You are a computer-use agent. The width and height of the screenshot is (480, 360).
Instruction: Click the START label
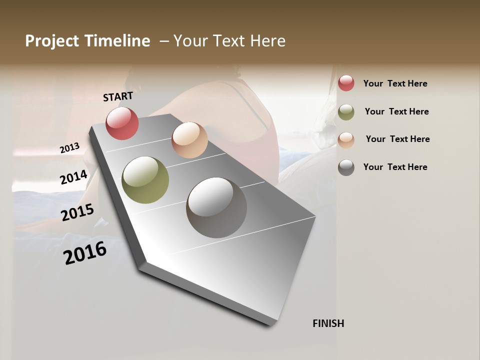(118, 96)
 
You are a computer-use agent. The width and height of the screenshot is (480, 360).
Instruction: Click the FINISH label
(328, 323)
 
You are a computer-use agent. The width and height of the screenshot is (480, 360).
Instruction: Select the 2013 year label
(69, 147)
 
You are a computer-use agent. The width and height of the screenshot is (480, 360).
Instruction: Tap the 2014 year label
(73, 177)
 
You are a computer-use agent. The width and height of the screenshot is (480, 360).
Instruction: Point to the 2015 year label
(77, 212)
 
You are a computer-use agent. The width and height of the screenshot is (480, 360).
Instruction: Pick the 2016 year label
(85, 252)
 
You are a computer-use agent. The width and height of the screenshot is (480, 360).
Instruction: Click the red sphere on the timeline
(122, 123)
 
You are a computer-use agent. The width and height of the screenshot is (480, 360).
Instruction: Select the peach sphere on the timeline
(189, 140)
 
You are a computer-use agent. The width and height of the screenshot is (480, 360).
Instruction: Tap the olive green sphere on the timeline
(145, 180)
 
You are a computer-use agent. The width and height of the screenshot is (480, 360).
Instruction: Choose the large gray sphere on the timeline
(216, 207)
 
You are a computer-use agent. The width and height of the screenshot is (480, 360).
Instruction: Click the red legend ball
(346, 83)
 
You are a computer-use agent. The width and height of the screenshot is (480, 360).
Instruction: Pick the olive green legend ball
(346, 112)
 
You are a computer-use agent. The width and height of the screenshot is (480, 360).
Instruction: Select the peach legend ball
(346, 140)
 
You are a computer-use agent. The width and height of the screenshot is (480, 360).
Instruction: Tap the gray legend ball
(346, 167)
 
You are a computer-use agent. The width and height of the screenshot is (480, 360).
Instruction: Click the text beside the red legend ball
(395, 83)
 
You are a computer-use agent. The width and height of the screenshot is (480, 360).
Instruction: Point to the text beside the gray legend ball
(395, 167)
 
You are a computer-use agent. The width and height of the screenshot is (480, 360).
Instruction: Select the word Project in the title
(51, 41)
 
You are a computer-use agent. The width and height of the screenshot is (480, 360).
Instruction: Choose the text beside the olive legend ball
(396, 111)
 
